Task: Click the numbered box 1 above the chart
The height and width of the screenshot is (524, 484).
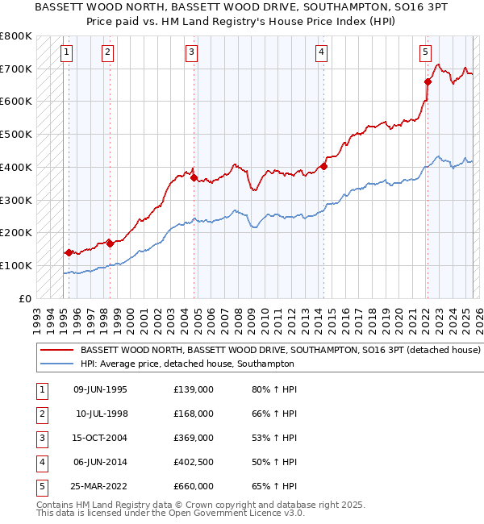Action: [65, 53]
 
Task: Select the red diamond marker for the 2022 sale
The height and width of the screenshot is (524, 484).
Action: [428, 81]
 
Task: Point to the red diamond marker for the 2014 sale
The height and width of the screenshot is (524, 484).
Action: [323, 166]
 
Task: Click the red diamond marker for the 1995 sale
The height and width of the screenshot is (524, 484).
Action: [69, 252]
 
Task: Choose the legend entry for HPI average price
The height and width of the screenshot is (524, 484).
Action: [186, 364]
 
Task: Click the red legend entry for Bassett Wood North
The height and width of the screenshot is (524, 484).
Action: [280, 351]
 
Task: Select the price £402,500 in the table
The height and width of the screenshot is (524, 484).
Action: [194, 462]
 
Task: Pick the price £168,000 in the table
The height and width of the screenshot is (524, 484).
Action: [194, 414]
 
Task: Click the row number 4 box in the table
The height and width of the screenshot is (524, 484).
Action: [40, 462]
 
